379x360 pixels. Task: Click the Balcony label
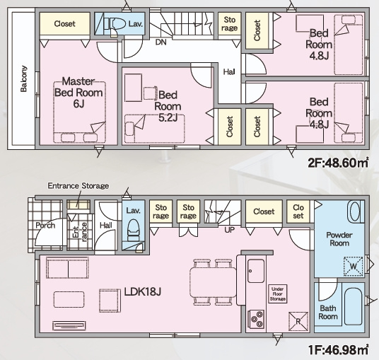pyautogui.click(x=23, y=79)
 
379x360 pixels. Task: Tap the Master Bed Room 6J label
pyautogui.click(x=78, y=93)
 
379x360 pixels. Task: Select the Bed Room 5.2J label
pyautogui.click(x=168, y=106)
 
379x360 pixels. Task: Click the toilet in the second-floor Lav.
pyautogui.click(x=115, y=24)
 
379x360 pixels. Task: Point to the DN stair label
pyautogui.click(x=161, y=42)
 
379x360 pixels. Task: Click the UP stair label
pyautogui.click(x=229, y=230)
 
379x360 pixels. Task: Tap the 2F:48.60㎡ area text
pyautogui.click(x=339, y=163)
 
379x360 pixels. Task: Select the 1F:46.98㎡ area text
pyautogui.click(x=339, y=350)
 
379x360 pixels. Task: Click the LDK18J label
pyautogui.click(x=142, y=292)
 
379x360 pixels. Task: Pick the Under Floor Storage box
pyautogui.click(x=278, y=294)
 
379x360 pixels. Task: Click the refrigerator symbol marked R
pyautogui.click(x=298, y=321)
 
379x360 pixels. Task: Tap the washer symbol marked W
pyautogui.click(x=353, y=266)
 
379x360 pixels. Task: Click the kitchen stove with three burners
pyautogui.click(x=256, y=319)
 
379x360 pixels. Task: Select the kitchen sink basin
pyautogui.click(x=256, y=271)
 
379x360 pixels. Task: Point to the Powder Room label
pyautogui.click(x=339, y=239)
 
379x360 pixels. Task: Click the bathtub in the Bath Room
pyautogui.click(x=353, y=306)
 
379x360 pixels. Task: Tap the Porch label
pyautogui.click(x=45, y=226)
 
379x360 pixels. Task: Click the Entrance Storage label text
pyautogui.click(x=78, y=186)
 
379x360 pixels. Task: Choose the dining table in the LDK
pyautogui.click(x=213, y=282)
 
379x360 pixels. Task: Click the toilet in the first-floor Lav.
pyautogui.click(x=133, y=230)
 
